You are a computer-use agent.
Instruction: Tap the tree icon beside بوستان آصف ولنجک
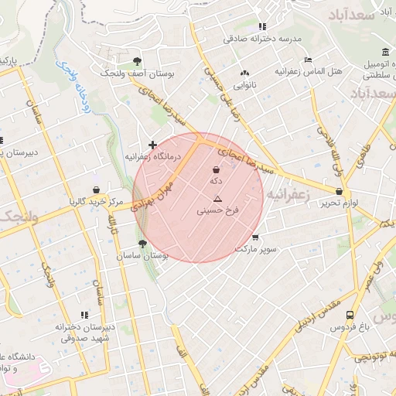click(x=137, y=60)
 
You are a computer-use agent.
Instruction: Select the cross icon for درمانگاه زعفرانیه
click(x=152, y=145)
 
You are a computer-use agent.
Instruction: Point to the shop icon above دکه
click(x=216, y=169)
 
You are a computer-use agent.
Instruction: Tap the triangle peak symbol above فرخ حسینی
click(x=217, y=199)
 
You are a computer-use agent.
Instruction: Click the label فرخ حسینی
click(x=219, y=210)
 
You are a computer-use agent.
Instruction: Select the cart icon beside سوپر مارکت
click(x=256, y=237)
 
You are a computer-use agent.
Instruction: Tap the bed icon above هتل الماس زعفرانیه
click(x=308, y=60)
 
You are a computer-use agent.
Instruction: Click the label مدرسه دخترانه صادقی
click(x=261, y=38)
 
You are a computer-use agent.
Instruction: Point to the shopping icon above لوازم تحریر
click(x=339, y=191)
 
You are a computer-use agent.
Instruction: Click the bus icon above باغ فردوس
click(x=350, y=316)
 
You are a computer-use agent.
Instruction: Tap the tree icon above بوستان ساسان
click(x=143, y=244)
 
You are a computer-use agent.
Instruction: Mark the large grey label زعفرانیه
click(x=288, y=197)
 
